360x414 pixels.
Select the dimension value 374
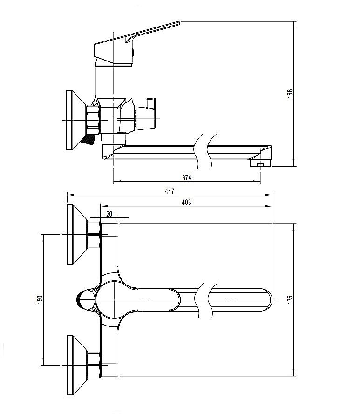(187, 177)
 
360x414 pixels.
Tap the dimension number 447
(170, 190)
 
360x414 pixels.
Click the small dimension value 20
(109, 213)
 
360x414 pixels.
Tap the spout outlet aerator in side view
(258, 163)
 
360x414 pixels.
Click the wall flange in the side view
(73, 120)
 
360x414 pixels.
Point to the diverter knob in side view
(148, 114)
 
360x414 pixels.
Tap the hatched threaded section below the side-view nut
(88, 138)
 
